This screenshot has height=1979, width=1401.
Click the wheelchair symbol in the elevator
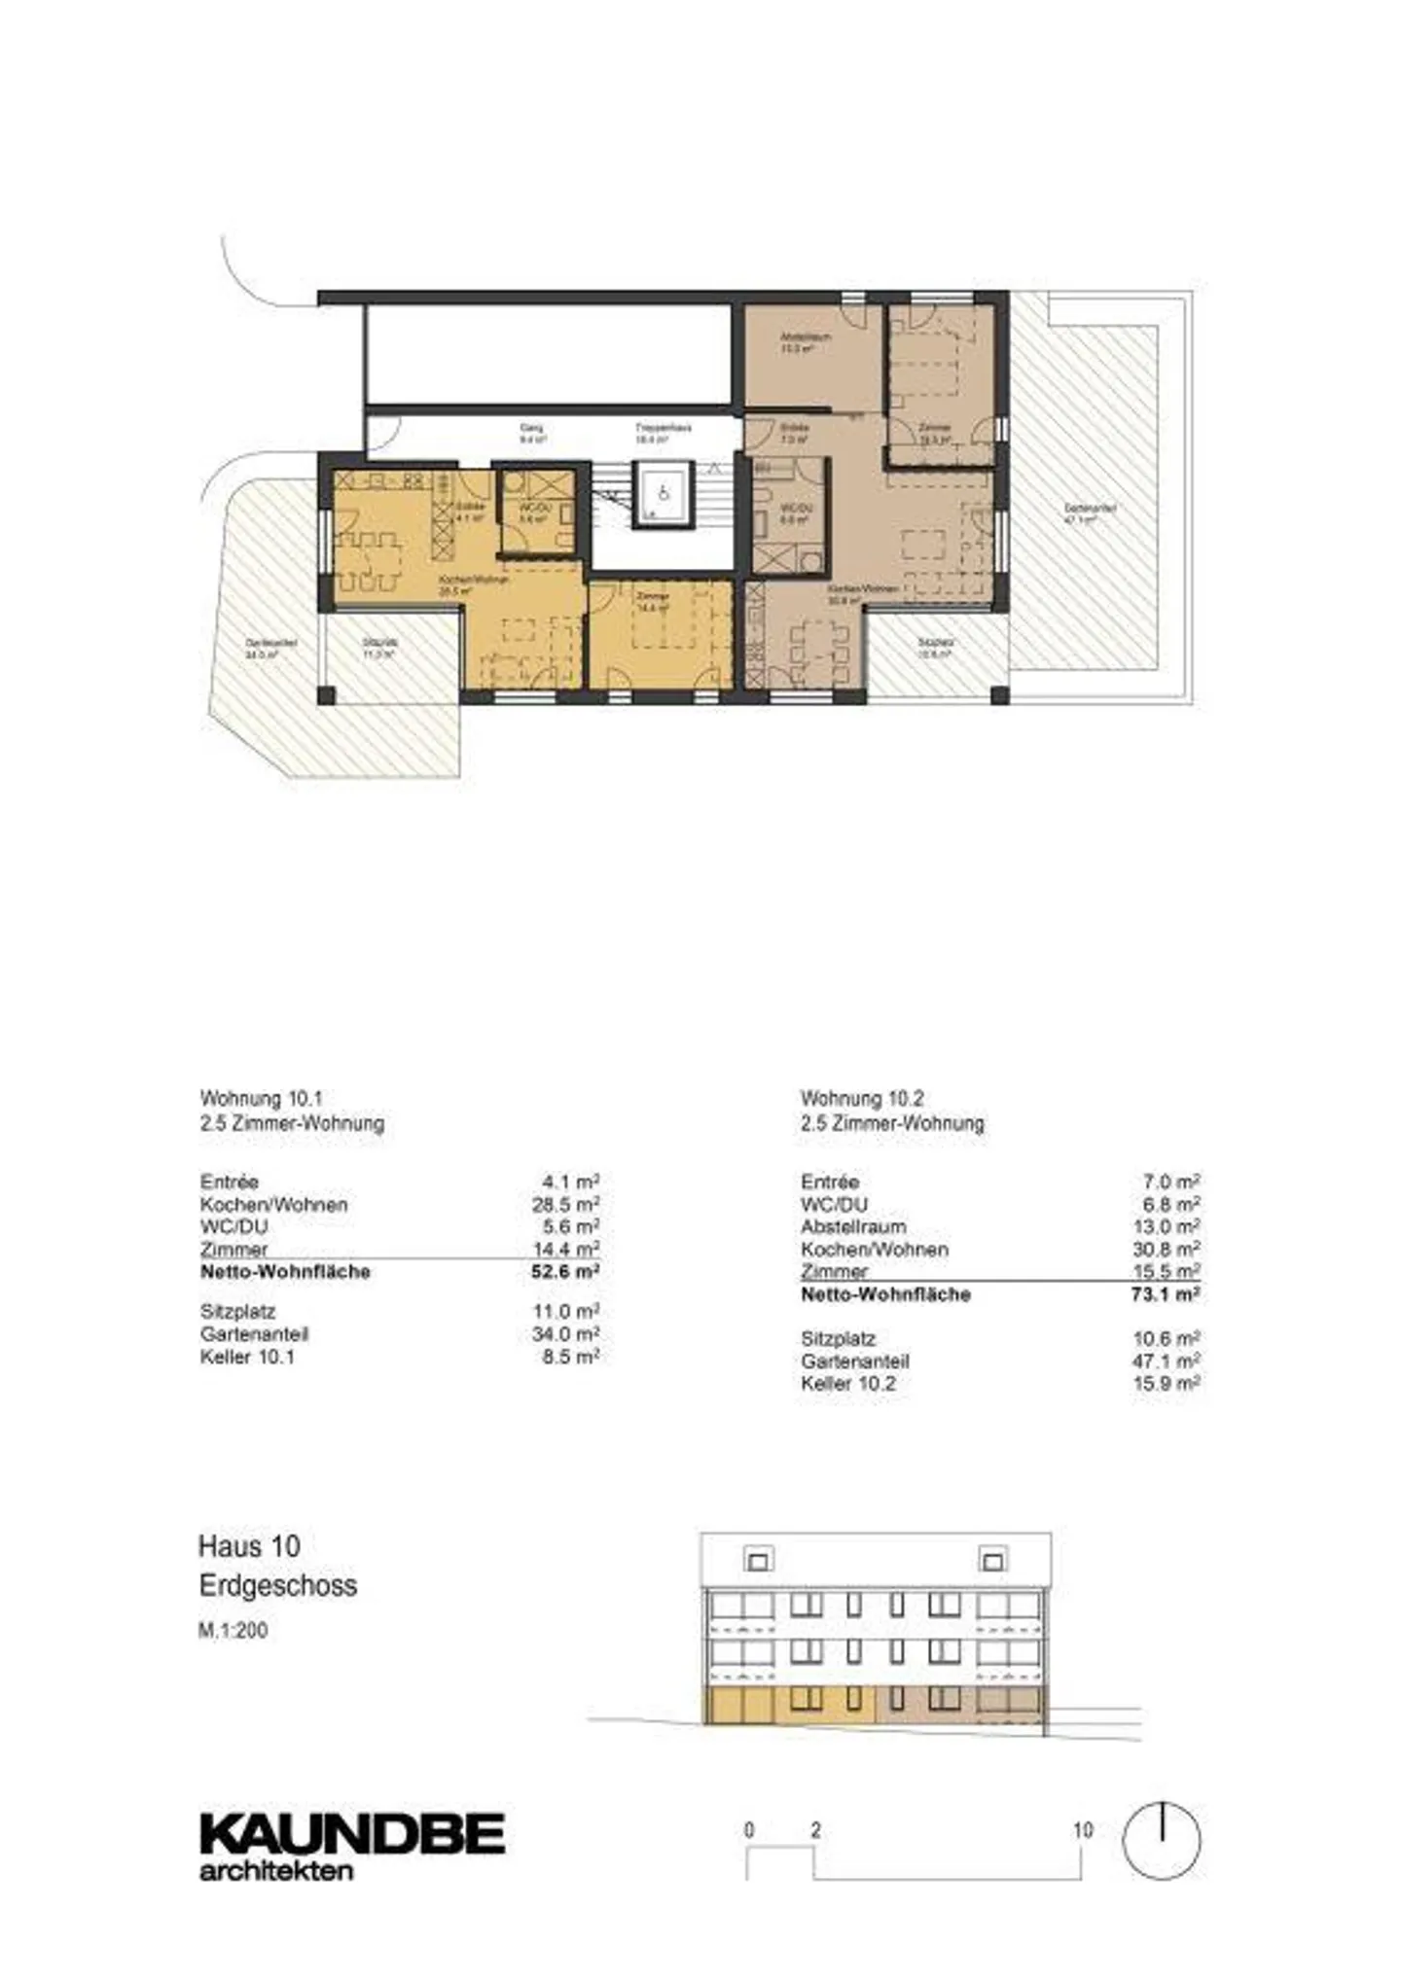pyautogui.click(x=664, y=493)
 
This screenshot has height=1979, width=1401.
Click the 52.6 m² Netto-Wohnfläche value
pyautogui.click(x=564, y=1271)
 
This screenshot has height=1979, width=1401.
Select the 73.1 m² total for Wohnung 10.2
pyautogui.click(x=1165, y=1294)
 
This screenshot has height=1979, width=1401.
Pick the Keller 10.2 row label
pyautogui.click(x=847, y=1383)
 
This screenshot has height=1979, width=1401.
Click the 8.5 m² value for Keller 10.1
pyautogui.click(x=570, y=1357)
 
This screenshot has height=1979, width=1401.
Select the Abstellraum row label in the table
pyautogui.click(x=853, y=1226)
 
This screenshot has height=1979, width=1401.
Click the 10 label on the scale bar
pyautogui.click(x=1083, y=1829)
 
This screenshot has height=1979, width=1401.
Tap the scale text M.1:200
pyautogui.click(x=233, y=1631)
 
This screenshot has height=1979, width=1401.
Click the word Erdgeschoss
pyautogui.click(x=278, y=1585)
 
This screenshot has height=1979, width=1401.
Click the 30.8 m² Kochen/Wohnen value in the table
pyautogui.click(x=1165, y=1249)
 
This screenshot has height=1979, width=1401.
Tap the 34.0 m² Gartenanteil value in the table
pyautogui.click(x=565, y=1334)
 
